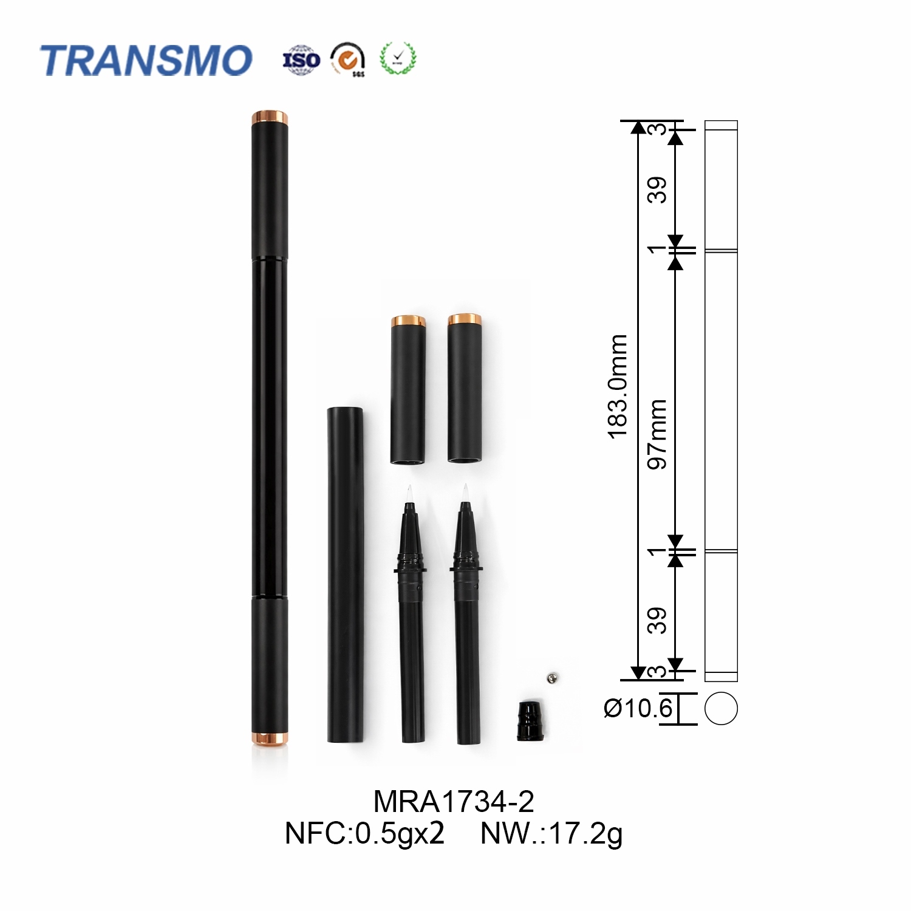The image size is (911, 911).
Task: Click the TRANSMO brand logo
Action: click(146, 60)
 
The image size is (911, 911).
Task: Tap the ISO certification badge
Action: click(301, 60)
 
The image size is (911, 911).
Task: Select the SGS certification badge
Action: click(348, 59)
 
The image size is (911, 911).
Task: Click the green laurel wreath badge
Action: click(398, 58)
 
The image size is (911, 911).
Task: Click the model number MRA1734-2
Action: click(454, 802)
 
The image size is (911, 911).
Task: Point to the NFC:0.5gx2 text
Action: click(364, 833)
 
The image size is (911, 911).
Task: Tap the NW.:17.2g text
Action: click(551, 834)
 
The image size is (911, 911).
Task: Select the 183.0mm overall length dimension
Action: click(618, 386)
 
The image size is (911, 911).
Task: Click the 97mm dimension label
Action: click(657, 434)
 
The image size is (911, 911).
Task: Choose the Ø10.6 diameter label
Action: click(638, 708)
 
